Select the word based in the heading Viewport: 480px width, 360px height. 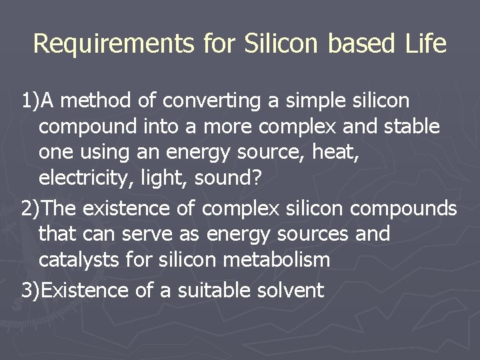pyautogui.click(x=350, y=44)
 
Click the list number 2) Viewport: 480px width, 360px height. pyautogui.click(x=30, y=209)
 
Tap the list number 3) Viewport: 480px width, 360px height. pyautogui.click(x=30, y=291)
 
